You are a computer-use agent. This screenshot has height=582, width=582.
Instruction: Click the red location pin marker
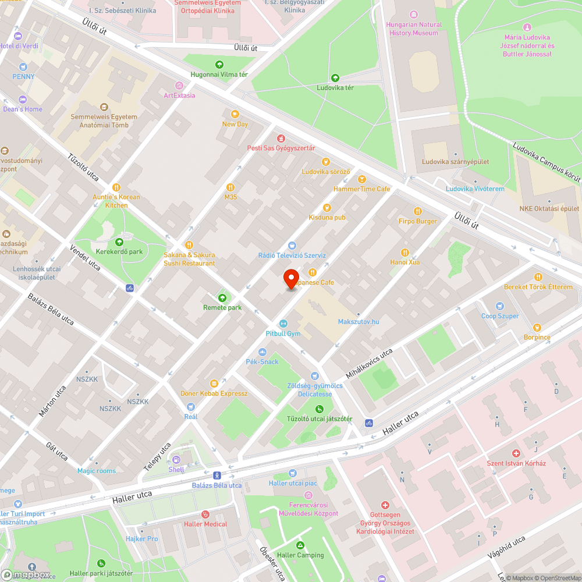point(291,279)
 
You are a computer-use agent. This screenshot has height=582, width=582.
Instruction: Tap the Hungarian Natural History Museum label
point(414,29)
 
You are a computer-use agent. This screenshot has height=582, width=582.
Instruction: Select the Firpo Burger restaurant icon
point(417,211)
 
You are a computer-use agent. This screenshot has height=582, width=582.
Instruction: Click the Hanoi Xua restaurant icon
point(405,252)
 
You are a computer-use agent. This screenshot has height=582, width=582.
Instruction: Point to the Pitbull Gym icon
point(283,324)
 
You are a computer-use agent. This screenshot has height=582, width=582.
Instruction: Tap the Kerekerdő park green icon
point(119,242)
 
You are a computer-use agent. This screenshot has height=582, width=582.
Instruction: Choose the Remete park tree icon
point(222,297)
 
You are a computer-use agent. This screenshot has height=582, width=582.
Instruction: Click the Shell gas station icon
point(176,460)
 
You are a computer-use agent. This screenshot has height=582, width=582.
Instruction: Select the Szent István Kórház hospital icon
point(516,453)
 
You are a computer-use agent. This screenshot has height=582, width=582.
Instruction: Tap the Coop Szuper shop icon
point(500,306)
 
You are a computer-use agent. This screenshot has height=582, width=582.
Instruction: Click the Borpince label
point(536,337)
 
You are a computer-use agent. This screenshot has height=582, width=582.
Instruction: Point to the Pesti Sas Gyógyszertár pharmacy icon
point(281,139)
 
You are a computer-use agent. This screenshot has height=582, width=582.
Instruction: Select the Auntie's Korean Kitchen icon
point(116,187)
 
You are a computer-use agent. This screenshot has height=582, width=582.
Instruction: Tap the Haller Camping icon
point(300,545)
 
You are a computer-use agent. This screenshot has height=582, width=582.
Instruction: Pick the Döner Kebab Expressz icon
point(214,384)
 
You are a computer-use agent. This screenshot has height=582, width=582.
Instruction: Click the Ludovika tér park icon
point(335,78)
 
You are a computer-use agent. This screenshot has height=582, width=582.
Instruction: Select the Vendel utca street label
point(85,258)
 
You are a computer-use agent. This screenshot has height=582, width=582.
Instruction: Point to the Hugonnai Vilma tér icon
point(219,65)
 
